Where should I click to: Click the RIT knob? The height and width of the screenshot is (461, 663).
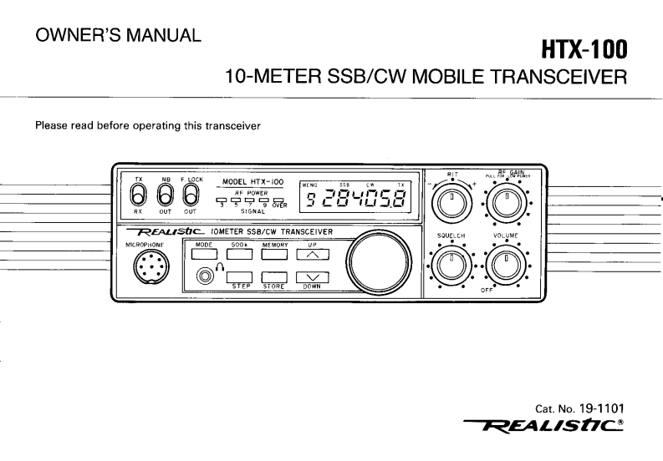(x=451, y=200)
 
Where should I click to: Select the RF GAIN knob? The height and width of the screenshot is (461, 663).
(x=507, y=200)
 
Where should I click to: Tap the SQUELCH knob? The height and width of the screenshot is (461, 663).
(x=451, y=266)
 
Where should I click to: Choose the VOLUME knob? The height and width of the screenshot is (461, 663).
(x=507, y=266)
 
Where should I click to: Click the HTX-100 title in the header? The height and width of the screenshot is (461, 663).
(x=584, y=52)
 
